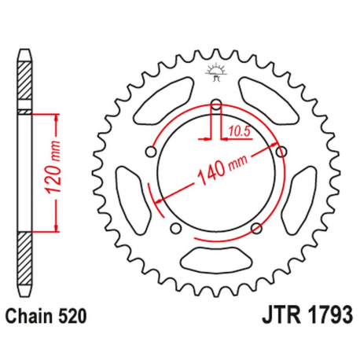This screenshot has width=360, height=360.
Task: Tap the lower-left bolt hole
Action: (177, 228)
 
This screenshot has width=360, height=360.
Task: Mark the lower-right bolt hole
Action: (255, 228)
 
